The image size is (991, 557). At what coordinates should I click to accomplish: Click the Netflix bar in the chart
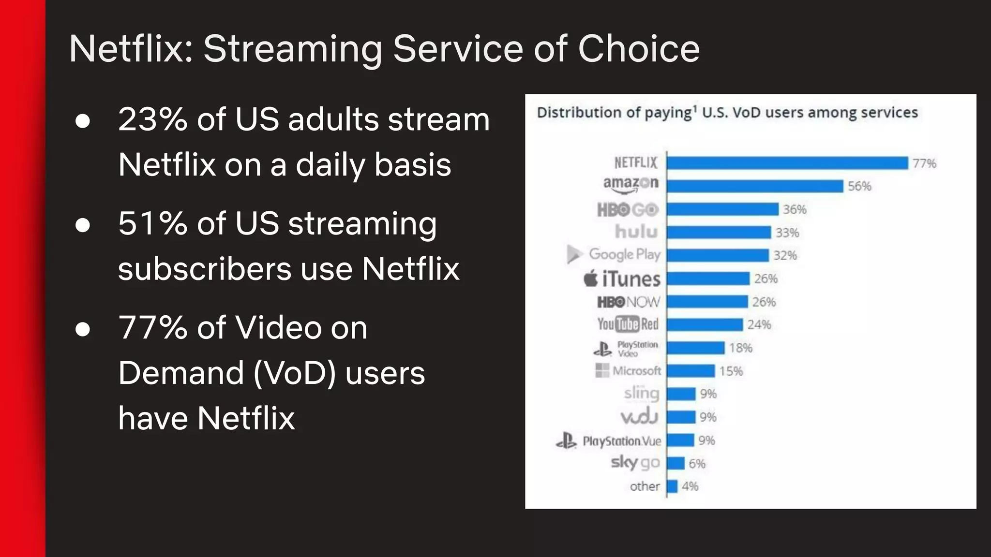787,163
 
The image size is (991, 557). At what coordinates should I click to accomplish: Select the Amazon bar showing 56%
755,186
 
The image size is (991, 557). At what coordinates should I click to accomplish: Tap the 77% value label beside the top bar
924,163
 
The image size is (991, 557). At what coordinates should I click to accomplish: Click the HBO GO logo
628,210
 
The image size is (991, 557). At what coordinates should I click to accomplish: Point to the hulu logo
636,232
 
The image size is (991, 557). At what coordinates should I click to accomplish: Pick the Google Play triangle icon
574,254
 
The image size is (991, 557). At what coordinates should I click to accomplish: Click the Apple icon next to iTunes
591,279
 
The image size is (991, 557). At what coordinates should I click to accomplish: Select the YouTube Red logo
628,324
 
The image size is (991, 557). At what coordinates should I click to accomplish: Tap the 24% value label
759,324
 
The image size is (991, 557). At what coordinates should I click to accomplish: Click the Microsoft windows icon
602,370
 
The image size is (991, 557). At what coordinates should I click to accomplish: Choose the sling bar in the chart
681,394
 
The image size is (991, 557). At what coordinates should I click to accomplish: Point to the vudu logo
639,417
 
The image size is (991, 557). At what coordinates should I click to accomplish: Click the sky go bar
676,463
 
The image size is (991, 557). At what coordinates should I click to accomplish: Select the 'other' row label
645,486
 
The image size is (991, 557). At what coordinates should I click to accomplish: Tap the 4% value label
690,486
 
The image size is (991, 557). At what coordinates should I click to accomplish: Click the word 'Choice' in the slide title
639,49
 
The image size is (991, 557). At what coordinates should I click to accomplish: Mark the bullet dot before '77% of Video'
83,329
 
